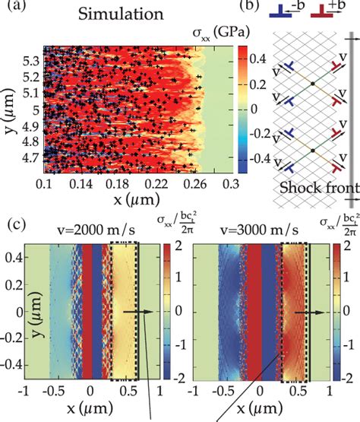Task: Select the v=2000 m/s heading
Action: point(87,231)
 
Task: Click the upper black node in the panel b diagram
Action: point(312,82)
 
